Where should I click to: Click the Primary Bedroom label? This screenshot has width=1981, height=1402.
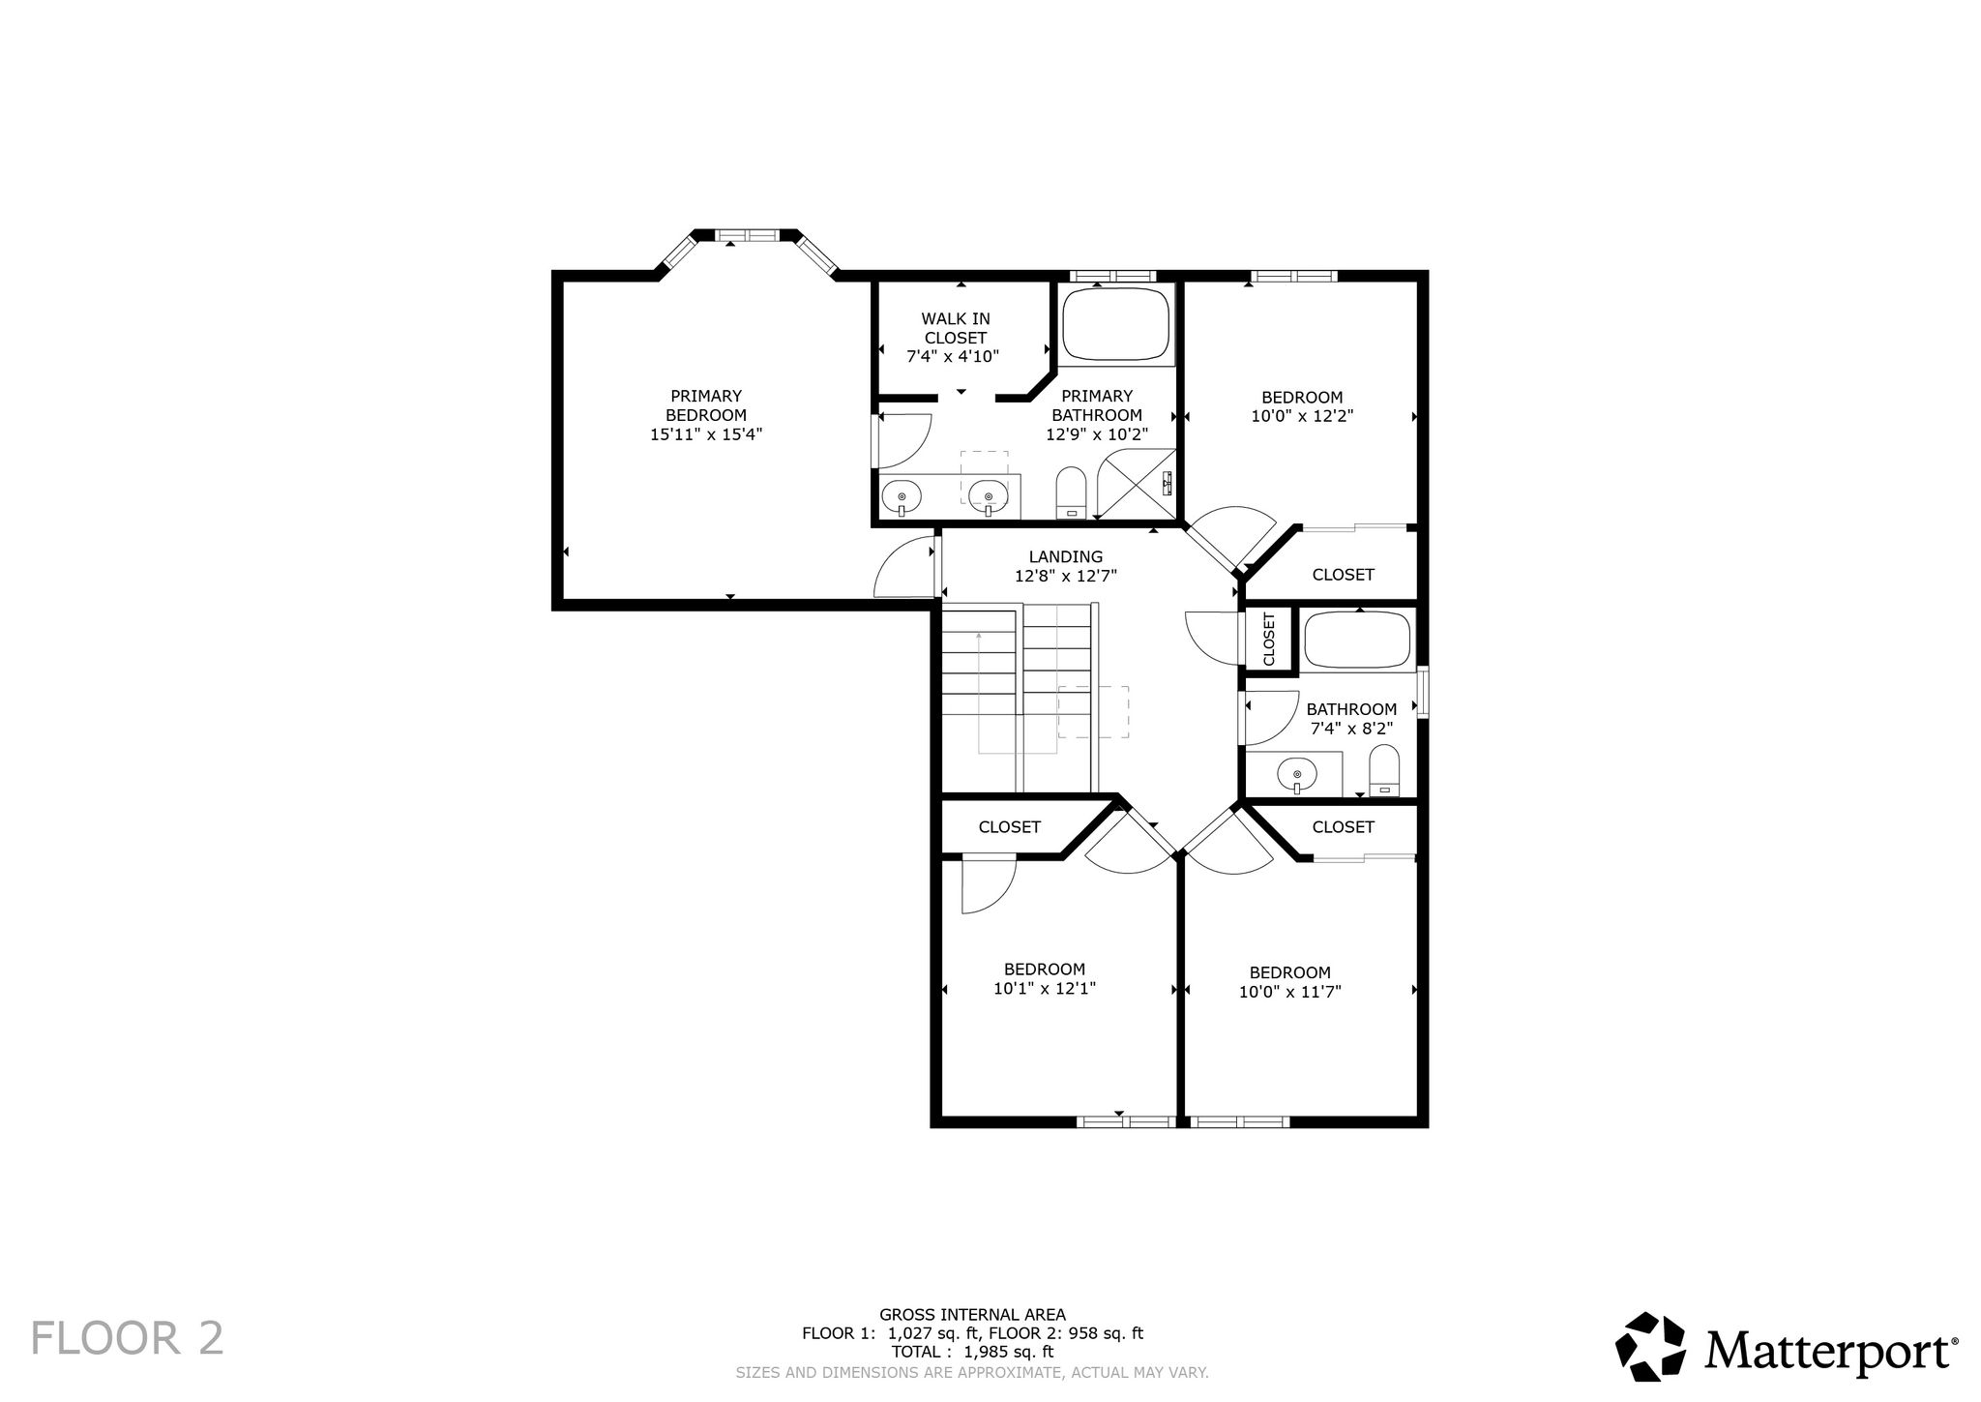(706, 405)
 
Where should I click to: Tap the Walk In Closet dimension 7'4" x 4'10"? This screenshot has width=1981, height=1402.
(953, 356)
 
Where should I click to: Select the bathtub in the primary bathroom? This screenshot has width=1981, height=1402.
(1116, 324)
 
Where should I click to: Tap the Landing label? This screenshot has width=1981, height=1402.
(1066, 556)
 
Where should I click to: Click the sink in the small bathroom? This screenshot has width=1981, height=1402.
(1296, 774)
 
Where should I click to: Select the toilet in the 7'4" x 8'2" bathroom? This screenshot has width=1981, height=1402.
(1385, 770)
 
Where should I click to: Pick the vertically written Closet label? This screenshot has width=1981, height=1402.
(1269, 639)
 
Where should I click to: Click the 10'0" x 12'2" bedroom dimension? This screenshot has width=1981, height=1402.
(1302, 416)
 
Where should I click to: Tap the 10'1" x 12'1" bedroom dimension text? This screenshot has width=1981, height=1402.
(1045, 988)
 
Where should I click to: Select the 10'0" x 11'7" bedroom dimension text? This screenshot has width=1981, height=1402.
(1290, 992)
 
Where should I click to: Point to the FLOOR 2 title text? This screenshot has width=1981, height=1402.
(128, 1339)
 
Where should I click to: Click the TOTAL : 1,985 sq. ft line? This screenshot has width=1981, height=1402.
(972, 1352)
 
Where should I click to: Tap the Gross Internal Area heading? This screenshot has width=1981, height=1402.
(972, 1314)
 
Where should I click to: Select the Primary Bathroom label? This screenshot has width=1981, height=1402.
(1097, 405)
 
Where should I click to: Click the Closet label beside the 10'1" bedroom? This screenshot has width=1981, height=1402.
(1009, 826)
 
